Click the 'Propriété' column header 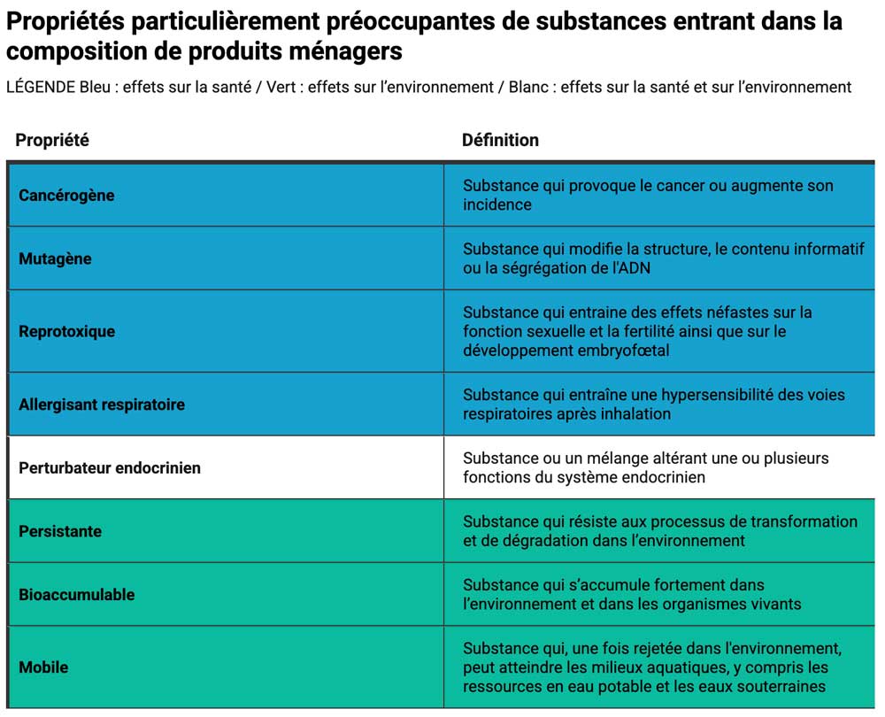point(52,140)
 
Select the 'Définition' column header point(500,140)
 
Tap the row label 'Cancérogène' point(66,195)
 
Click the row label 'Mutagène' point(55,258)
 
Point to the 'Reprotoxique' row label point(66,331)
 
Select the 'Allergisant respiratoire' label point(102,405)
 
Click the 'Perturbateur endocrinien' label point(110,467)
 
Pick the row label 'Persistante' point(60,531)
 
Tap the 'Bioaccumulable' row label point(77,594)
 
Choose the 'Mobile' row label point(43,667)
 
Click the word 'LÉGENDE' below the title point(42,87)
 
